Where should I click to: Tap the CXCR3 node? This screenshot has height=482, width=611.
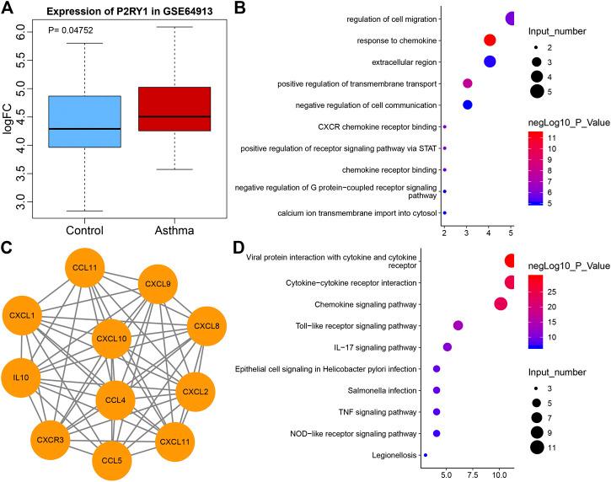[53, 440]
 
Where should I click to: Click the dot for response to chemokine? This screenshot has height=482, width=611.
[489, 40]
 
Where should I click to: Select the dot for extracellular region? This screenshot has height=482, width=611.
[489, 62]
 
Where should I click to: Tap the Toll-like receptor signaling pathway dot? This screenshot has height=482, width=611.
[458, 325]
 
